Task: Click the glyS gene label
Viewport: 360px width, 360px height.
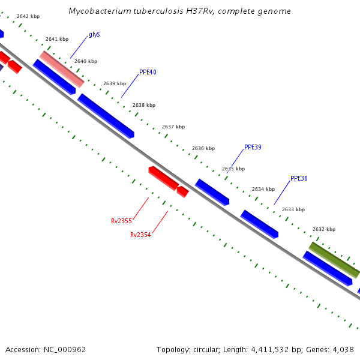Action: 94,35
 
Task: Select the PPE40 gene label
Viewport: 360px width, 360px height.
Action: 148,73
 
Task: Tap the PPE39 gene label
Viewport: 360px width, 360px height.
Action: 253,148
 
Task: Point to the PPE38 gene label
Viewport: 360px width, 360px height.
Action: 299,178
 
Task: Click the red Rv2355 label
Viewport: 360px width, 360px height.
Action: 121,221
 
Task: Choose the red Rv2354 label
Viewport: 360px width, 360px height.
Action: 140,235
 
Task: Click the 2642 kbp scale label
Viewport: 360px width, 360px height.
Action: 28,17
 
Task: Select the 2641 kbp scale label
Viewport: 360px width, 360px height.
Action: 57,39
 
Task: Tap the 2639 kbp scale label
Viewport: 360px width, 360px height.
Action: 115,83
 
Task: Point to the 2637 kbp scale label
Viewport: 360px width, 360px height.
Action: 173,127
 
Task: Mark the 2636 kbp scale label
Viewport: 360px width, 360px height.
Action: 203,148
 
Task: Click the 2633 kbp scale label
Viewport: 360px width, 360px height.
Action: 293,209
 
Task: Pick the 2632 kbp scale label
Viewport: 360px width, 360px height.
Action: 324,229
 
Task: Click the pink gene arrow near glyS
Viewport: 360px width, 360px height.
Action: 62,69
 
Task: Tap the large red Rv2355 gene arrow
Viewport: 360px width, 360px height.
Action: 163,178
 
